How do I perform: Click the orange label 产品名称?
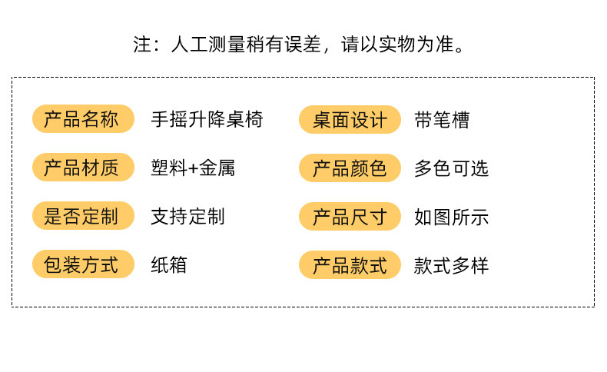tap(82, 119)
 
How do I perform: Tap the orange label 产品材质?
tap(82, 168)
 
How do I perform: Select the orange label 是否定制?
tap(82, 216)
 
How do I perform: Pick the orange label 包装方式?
tap(82, 265)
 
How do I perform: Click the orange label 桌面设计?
tap(350, 120)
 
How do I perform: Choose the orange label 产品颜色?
tap(350, 168)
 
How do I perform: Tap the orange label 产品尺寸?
tap(350, 217)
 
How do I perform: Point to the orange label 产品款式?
tap(350, 266)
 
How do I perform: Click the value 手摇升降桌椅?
tap(207, 119)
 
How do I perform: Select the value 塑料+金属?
tap(193, 168)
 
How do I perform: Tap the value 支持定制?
tap(188, 216)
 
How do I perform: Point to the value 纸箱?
tap(169, 265)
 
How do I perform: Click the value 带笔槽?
tap(442, 120)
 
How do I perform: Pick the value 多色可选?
tap(452, 168)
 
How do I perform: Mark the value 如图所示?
tap(452, 217)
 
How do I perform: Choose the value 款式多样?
tap(452, 266)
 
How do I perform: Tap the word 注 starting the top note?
tap(141, 44)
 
